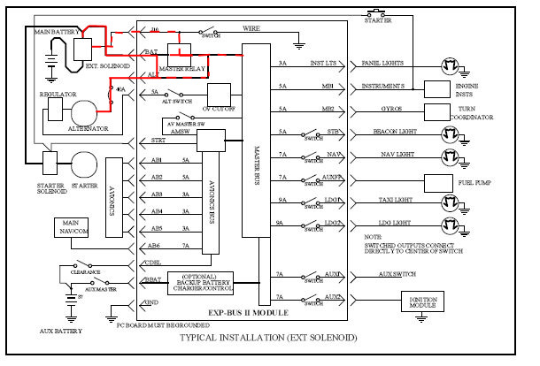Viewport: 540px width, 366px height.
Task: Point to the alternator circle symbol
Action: click(89, 111)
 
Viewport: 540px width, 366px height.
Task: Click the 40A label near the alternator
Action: click(121, 89)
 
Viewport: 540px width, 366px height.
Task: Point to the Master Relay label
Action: click(181, 67)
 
